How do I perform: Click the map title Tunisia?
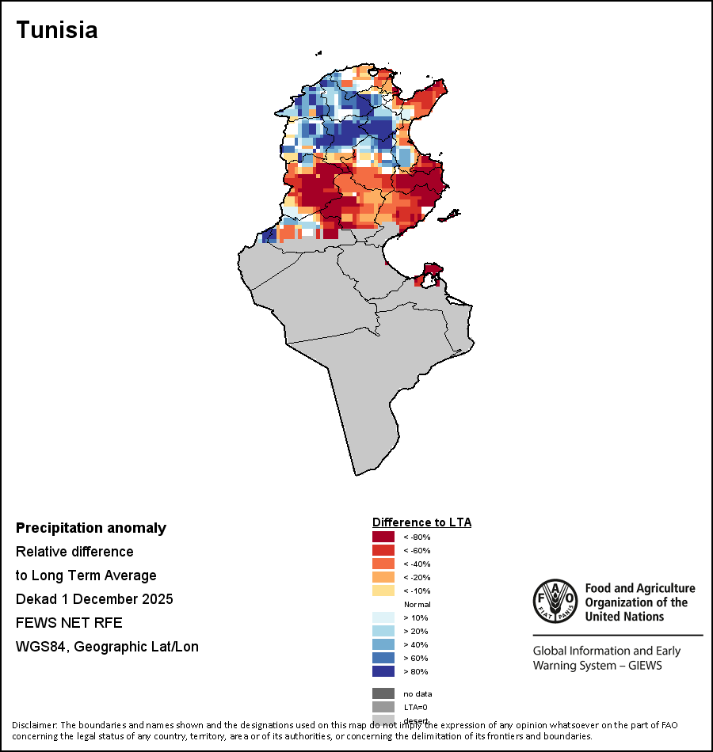coord(57,30)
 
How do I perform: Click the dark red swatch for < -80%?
coord(383,537)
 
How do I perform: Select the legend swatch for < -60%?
coord(383,551)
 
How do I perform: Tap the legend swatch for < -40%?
coord(383,564)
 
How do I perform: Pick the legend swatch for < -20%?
coord(383,578)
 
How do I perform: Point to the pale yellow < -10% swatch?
coord(383,591)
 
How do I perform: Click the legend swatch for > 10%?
coord(383,618)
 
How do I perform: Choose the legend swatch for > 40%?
coord(383,645)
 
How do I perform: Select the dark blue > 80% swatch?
coord(383,672)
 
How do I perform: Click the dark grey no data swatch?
coord(383,693)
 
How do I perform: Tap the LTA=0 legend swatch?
coord(383,707)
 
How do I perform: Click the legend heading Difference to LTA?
coord(421,522)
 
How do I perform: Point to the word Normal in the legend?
coord(417,605)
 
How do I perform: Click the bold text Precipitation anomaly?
coord(91,528)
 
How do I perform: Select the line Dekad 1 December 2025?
coord(94,599)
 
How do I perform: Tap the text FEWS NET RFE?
coord(69,623)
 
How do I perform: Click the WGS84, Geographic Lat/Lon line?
coord(107,647)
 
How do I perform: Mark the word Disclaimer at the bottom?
coord(35,725)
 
